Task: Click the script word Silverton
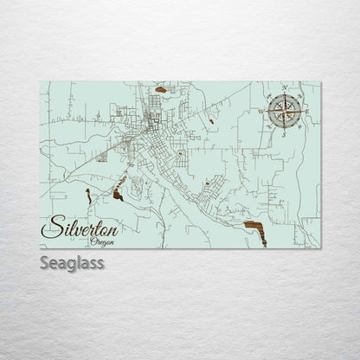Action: pos(85,228)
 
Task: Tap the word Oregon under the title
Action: pos(100,242)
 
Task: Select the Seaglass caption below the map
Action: pos(72,263)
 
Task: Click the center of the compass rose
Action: pos(284,111)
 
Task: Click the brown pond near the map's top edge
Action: pos(161,89)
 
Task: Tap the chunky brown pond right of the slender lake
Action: pos(118,196)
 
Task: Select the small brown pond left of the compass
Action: pos(211,121)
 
